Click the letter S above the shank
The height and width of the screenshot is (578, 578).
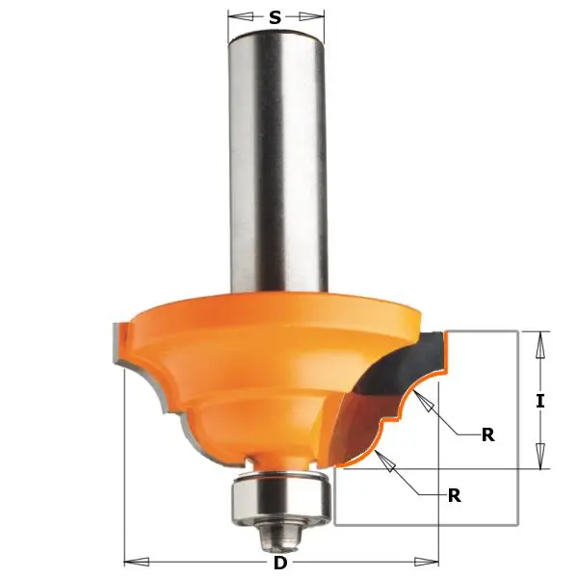[276, 16]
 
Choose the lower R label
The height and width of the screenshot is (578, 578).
[454, 496]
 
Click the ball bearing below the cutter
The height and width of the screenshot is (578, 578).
[279, 495]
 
